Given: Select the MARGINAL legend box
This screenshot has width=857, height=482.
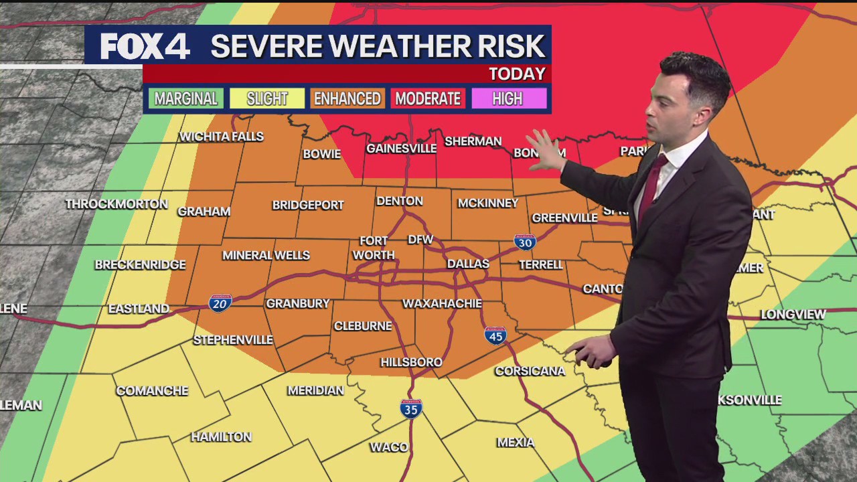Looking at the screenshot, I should coord(186,99).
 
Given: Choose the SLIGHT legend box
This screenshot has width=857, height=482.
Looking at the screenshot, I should coord(267,99).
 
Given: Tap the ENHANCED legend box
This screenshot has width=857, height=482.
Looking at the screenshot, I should coord(347,99).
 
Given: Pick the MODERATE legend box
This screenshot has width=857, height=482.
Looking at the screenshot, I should coord(428,99).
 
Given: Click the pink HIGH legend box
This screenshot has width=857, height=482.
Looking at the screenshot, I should coord(508,99).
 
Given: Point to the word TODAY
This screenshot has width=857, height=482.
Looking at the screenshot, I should coord(517,74).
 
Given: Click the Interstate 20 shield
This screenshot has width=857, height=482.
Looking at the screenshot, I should coord(220,303).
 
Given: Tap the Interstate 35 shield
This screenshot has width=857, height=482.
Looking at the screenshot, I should coord(411,408).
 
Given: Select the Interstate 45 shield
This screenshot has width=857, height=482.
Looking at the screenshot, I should coord(495,335).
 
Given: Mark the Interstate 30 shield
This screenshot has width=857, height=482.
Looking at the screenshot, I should coord(525,242).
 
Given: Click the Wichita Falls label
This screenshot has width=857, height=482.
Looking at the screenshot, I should coord(221,137).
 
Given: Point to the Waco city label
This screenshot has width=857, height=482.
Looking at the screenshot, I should coord(389,447).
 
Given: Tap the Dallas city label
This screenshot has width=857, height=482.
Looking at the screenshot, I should coord(468,264).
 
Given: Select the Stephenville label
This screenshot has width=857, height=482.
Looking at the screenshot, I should coord(233,340).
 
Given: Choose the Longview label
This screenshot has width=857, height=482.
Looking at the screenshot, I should coord(793,314).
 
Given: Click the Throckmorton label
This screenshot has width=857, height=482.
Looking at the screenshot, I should coord(116,204).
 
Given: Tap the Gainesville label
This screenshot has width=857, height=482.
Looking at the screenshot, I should coord(401,149).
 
